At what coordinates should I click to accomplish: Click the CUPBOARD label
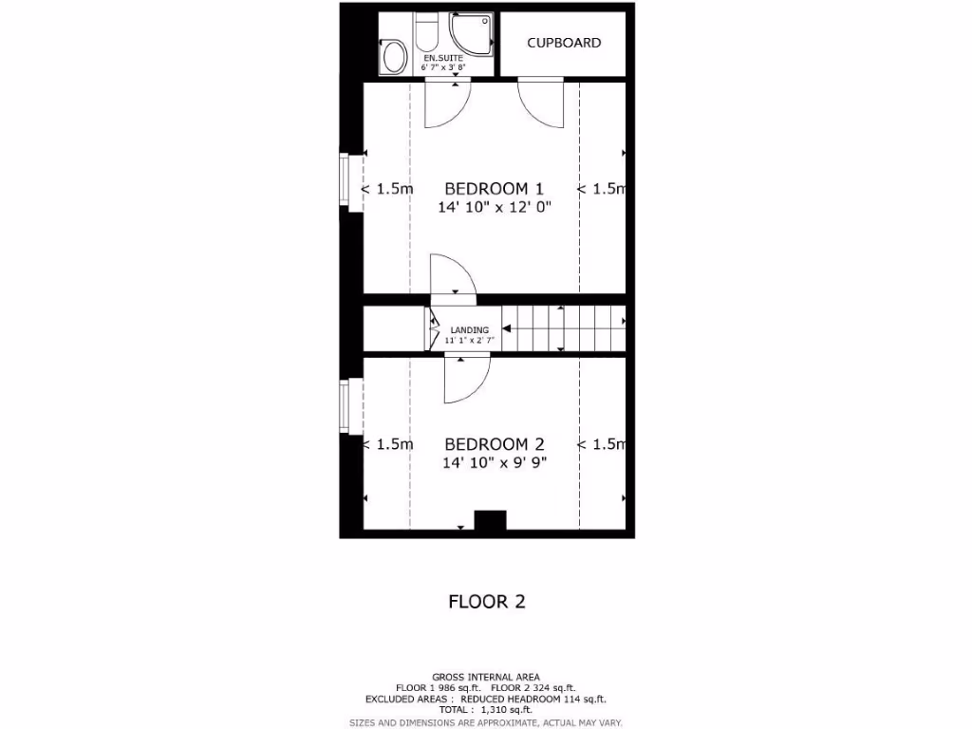tap(564, 43)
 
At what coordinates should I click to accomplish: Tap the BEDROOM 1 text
tap(494, 188)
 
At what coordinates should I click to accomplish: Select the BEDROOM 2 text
tap(494, 443)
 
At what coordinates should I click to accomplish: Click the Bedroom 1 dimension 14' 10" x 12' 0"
tap(494, 207)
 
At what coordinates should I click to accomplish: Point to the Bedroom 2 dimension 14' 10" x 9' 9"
tap(494, 462)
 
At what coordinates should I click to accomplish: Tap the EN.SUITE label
tap(443, 58)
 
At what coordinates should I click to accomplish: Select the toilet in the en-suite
tap(426, 35)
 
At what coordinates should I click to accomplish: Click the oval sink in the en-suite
tap(391, 58)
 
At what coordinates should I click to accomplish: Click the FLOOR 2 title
tap(486, 601)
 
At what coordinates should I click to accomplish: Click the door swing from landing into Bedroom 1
tap(453, 276)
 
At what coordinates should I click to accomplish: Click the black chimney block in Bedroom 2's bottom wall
tap(490, 521)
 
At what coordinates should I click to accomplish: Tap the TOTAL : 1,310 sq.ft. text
tap(486, 709)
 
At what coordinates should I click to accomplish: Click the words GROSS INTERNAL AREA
tap(486, 676)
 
